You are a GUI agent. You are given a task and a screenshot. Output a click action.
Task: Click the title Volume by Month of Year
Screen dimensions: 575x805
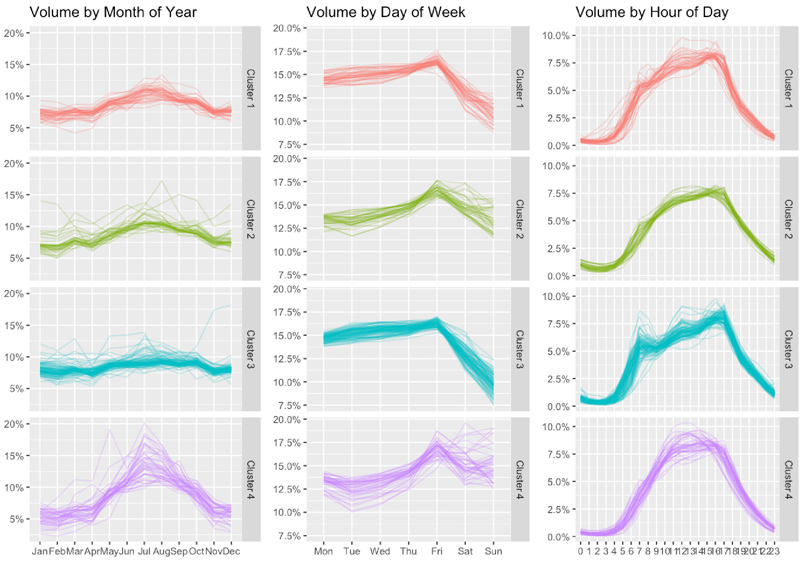click(113, 12)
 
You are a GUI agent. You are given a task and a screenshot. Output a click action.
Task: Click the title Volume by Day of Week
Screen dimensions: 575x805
click(385, 12)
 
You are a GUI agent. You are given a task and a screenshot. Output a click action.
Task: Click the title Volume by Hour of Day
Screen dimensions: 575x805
click(652, 12)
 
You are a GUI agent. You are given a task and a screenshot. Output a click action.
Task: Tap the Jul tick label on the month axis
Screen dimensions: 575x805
click(144, 551)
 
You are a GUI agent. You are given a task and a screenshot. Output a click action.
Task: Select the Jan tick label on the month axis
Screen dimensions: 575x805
click(39, 551)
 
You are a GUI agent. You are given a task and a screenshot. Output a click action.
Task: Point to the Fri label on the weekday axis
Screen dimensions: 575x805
click(437, 551)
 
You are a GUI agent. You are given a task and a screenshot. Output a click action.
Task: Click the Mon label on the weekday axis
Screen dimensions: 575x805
click(323, 551)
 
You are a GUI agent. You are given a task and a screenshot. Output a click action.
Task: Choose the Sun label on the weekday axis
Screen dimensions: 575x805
click(493, 551)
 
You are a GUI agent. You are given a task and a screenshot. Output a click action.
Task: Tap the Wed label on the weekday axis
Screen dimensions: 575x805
click(380, 551)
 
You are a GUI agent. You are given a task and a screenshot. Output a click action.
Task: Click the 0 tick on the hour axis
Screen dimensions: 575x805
click(580, 551)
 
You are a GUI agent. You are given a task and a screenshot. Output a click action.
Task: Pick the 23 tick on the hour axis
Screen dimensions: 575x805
click(775, 551)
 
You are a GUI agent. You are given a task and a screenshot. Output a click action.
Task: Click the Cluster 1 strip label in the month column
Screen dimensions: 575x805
click(251, 88)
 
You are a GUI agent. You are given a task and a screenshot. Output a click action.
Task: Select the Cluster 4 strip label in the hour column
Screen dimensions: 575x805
click(789, 479)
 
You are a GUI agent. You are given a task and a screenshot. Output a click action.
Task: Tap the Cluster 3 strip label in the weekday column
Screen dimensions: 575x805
click(520, 349)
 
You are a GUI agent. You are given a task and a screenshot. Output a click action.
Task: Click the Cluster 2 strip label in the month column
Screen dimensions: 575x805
click(251, 219)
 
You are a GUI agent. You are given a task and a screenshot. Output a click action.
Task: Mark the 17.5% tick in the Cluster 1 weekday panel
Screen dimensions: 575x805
click(287, 52)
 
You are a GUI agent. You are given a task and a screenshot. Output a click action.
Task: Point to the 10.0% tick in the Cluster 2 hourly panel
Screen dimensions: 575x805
click(556, 166)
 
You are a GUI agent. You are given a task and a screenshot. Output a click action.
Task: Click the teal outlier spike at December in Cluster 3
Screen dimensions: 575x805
click(230, 305)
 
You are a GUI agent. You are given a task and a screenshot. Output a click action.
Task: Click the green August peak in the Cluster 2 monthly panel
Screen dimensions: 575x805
click(162, 181)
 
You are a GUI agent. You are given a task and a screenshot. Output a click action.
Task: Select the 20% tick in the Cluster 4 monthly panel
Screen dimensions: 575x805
click(14, 424)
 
